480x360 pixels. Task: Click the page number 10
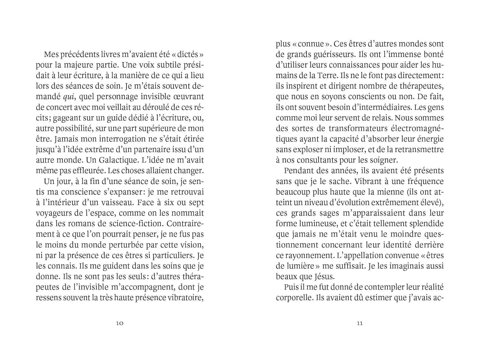(119, 323)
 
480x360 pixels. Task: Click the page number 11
(360, 323)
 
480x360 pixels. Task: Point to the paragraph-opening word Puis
(290, 287)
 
